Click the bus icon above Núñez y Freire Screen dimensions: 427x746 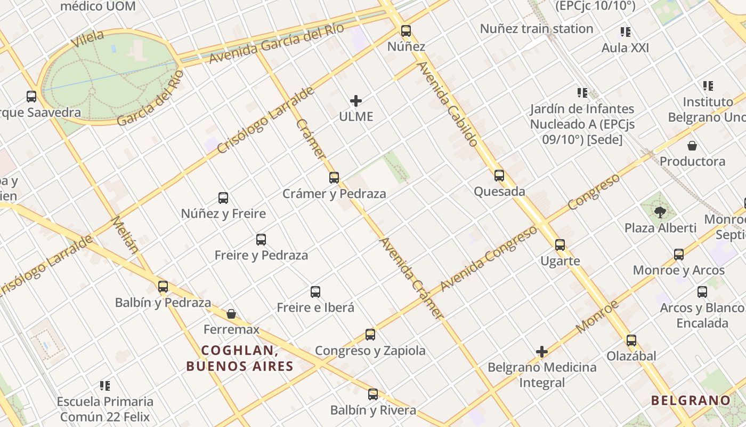tap(223, 198)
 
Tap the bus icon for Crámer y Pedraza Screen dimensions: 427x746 tap(334, 178)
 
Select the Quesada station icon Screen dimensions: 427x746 tap(499, 176)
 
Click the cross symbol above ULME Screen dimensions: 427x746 tap(356, 101)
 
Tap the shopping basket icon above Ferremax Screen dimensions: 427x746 tap(231, 314)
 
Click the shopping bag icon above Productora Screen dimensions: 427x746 tap(692, 146)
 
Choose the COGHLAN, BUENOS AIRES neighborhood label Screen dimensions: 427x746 tap(240, 358)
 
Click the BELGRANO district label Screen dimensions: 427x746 tap(691, 400)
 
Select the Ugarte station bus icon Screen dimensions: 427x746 tap(560, 246)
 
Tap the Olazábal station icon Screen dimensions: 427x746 tap(631, 341)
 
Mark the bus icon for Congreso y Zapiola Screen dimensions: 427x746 tap(370, 335)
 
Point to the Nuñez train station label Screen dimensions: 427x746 tap(537, 29)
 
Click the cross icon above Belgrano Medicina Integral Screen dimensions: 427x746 tap(542, 352)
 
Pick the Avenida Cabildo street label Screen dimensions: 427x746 tap(448, 104)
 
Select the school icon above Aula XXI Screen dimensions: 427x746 tap(626, 32)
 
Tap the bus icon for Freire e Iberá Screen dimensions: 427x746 tap(315, 292)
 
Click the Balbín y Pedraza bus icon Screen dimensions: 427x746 tap(163, 287)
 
